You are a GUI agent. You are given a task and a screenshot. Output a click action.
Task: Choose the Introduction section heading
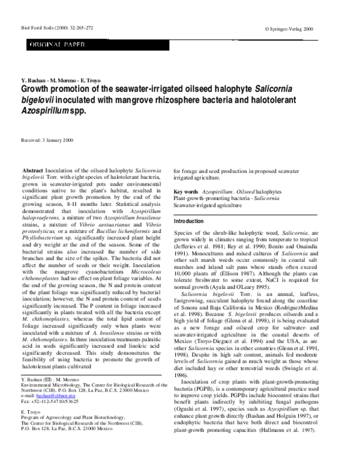pos(188,222)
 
